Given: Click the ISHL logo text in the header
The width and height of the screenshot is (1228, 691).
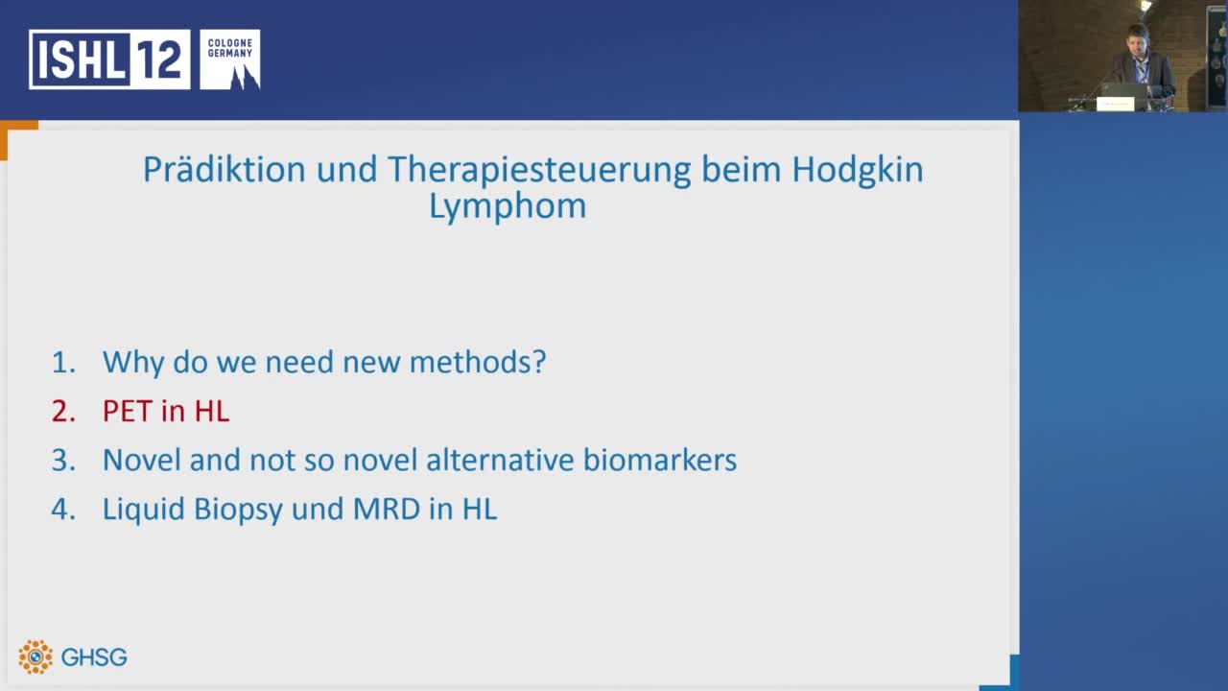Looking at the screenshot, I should [80, 60].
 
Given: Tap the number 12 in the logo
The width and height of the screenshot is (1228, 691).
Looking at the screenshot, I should [159, 60].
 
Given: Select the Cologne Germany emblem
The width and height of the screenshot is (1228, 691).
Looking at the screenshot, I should [230, 60].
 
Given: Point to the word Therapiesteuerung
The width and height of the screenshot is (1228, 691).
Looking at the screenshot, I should [539, 169].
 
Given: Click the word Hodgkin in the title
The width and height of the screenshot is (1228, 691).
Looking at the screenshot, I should [857, 169].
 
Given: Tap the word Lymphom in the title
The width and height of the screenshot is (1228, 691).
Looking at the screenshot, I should [507, 206].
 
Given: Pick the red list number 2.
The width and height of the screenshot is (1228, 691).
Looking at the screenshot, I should [62, 411].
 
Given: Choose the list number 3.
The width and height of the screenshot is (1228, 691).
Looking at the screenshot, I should [62, 460].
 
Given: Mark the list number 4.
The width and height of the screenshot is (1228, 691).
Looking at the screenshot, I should [62, 509].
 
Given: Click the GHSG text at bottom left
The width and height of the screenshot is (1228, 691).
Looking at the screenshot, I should [94, 657].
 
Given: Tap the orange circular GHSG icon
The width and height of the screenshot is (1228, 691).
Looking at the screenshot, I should [35, 656].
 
